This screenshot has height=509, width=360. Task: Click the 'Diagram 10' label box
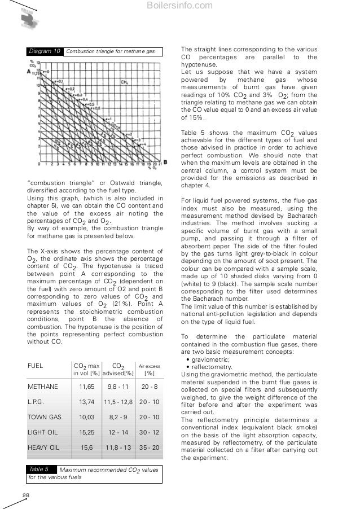pyautogui.click(x=45, y=51)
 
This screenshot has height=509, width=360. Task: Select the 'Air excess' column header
pyautogui.click(x=150, y=366)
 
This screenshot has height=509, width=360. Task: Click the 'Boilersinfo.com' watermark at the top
pyautogui.click(x=180, y=6)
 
